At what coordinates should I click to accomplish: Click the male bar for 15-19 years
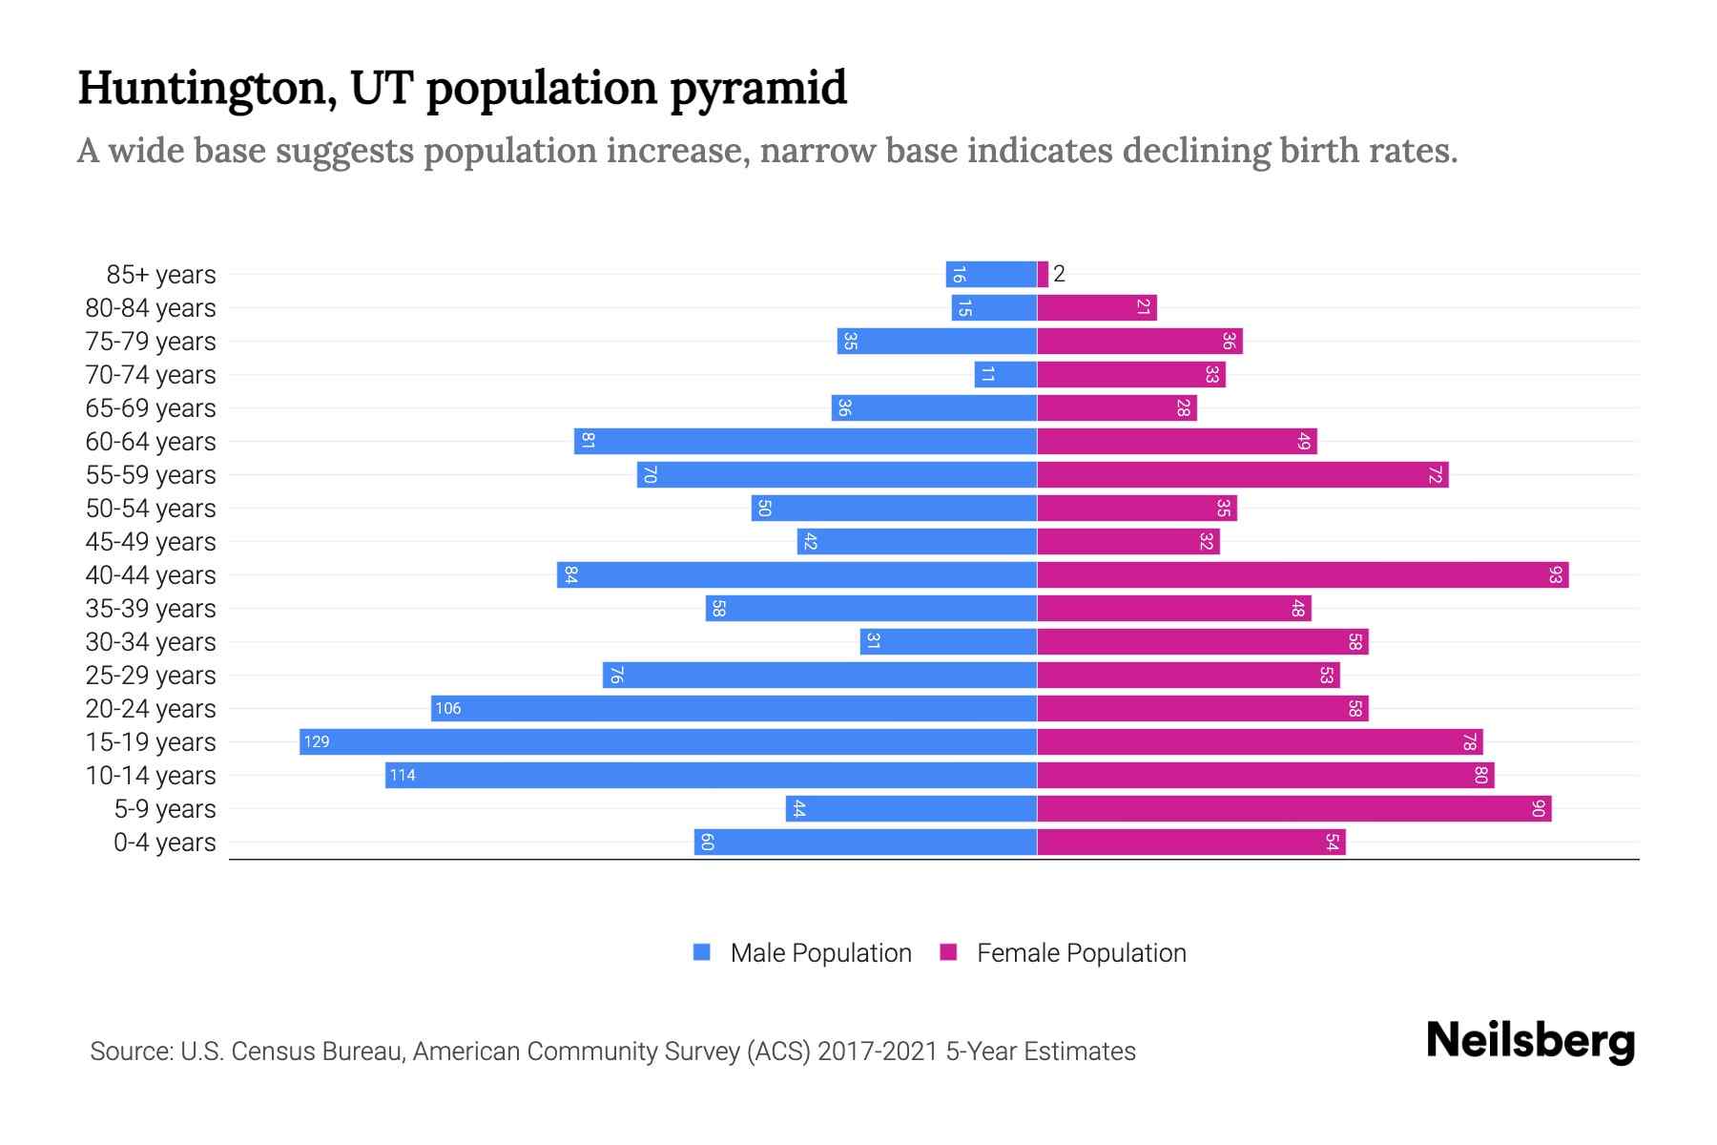(x=668, y=741)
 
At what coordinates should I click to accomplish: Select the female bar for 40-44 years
(x=1302, y=574)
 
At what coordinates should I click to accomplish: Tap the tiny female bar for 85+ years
(x=1043, y=274)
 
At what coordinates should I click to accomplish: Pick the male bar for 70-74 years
(x=1005, y=374)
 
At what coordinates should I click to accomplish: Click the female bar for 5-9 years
(x=1293, y=808)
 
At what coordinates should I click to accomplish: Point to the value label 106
(x=447, y=708)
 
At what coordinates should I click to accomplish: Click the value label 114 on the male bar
(x=402, y=775)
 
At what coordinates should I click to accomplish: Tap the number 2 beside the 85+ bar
(x=1059, y=274)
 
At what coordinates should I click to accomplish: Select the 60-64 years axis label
(x=151, y=442)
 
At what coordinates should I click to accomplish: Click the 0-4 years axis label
(x=164, y=843)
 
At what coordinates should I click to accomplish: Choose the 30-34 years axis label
(x=151, y=642)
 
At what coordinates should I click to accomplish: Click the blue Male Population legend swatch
(x=702, y=952)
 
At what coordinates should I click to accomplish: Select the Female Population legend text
(x=1081, y=952)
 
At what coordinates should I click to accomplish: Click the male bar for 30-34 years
(x=948, y=641)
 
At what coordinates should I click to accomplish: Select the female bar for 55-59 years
(x=1242, y=474)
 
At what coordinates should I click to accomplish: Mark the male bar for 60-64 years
(x=805, y=441)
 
